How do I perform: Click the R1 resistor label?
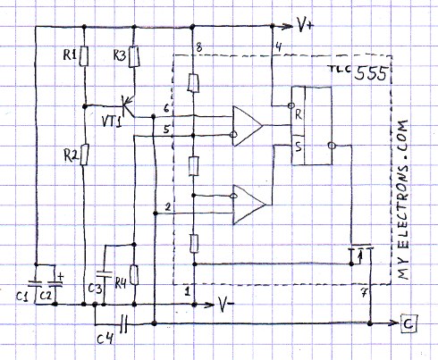point(70,54)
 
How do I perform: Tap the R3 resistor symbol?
point(134,56)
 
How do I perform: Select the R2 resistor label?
point(72,155)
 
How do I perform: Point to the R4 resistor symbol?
point(134,275)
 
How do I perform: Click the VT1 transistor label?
point(112,121)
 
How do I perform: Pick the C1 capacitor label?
point(22,297)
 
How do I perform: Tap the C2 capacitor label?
point(46,296)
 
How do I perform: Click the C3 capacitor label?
point(96,289)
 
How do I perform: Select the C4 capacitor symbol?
point(123,323)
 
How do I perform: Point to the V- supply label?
point(226,305)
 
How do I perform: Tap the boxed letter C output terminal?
point(409,323)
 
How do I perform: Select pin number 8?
point(199,47)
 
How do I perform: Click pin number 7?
point(364,294)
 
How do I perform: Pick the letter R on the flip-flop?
point(299,114)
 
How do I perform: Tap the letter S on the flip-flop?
point(299,147)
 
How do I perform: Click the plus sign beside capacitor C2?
point(60,277)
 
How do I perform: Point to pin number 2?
point(168,207)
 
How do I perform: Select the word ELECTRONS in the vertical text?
point(401,206)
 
